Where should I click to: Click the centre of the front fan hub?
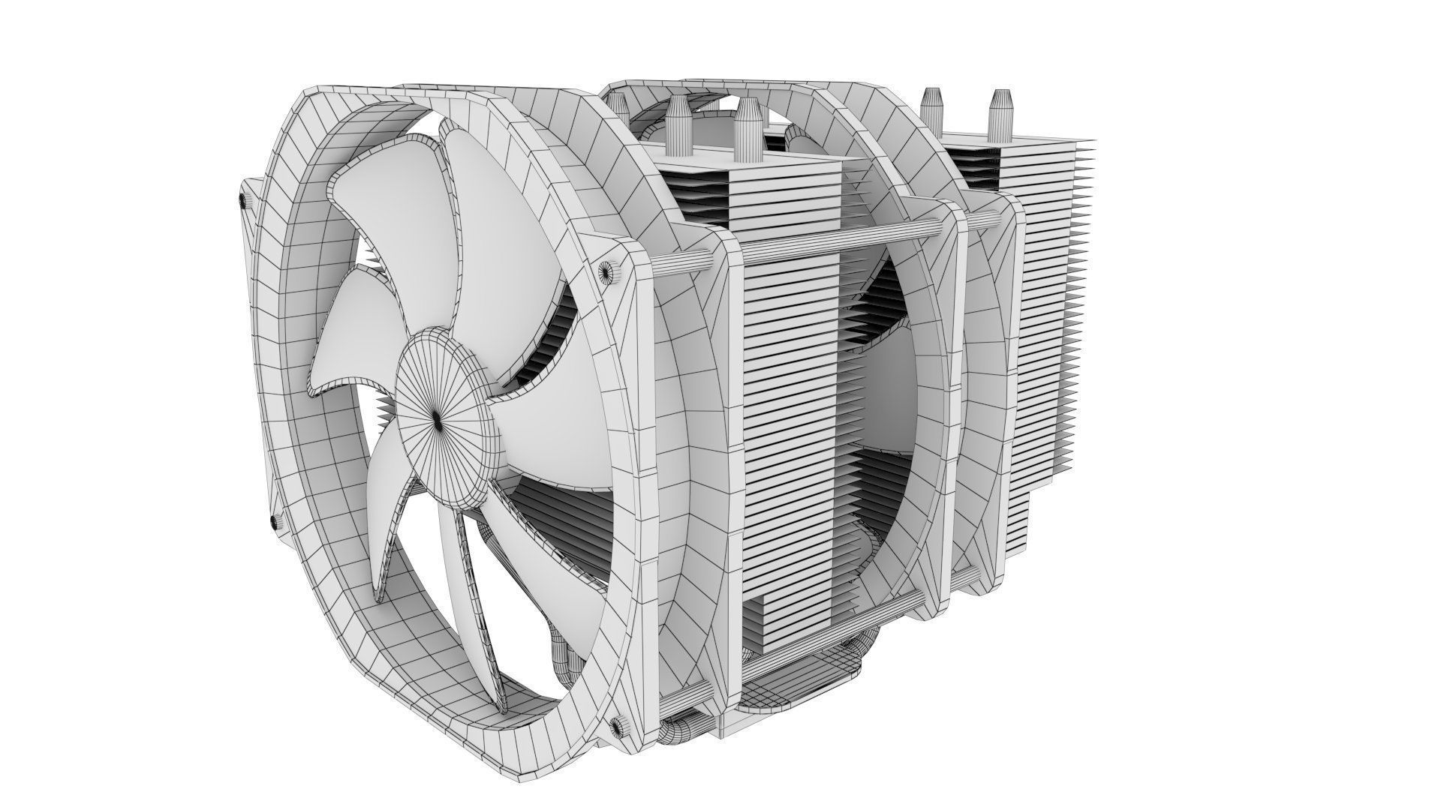click(x=438, y=422)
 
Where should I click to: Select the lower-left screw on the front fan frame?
click(x=271, y=520)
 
